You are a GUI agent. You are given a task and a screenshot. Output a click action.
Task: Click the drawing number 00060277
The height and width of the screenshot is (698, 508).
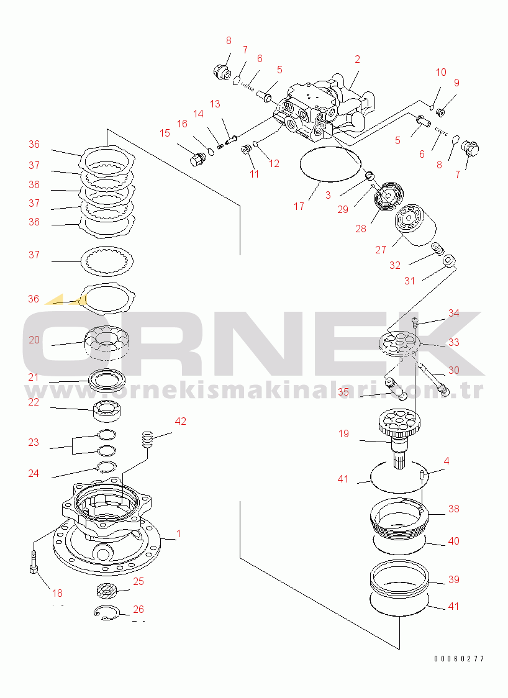tap(459, 658)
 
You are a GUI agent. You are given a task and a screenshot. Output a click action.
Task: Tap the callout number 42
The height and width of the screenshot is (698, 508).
tap(180, 421)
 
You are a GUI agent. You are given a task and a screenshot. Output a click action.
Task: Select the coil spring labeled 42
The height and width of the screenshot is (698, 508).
tap(148, 440)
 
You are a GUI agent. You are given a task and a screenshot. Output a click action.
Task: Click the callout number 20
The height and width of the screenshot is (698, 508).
tap(34, 340)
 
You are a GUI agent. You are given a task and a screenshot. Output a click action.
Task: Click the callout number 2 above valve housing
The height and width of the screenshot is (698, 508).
tap(357, 59)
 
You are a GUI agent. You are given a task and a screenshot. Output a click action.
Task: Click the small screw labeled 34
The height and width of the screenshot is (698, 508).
tap(415, 320)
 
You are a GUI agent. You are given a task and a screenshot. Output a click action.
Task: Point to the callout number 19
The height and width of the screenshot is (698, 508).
tap(343, 433)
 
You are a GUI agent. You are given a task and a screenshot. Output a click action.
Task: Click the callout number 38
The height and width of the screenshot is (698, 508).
tap(454, 509)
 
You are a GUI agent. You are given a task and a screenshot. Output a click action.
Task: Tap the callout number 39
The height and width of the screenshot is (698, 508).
tap(454, 579)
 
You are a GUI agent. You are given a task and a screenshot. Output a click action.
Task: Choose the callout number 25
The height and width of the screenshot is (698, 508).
tap(138, 581)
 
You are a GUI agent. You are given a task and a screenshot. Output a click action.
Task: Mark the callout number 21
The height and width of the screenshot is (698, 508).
tap(34, 378)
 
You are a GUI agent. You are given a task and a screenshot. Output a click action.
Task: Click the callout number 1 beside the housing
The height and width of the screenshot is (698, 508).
tap(178, 533)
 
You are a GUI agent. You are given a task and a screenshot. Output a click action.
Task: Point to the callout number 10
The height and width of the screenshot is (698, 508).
tap(441, 72)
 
